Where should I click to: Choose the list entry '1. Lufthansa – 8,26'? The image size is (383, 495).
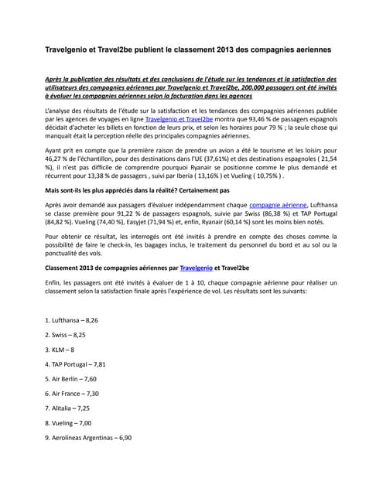[72, 319]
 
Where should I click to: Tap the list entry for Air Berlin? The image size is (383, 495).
[70, 378]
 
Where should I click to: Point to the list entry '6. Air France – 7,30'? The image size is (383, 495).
[72, 393]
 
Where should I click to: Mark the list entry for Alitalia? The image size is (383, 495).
[67, 408]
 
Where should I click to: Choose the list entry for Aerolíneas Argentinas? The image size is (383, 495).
[88, 437]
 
